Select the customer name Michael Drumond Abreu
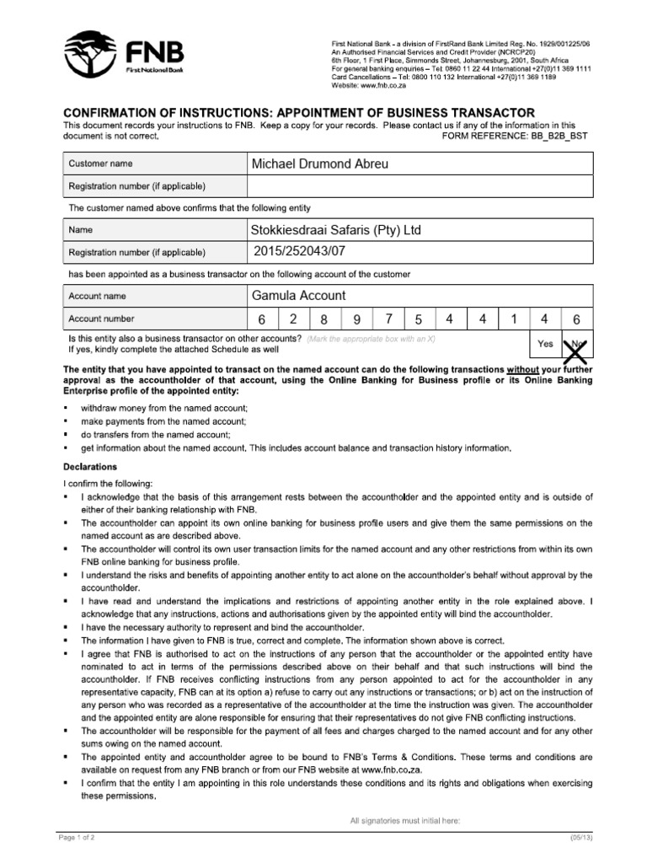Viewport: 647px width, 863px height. (x=320, y=163)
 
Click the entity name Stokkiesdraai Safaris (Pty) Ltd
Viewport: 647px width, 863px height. (x=335, y=229)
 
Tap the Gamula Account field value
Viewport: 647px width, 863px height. (x=298, y=296)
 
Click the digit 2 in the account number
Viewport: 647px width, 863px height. (x=293, y=319)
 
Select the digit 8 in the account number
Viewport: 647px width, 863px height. (x=323, y=320)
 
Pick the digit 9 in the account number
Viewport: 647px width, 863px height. (x=356, y=320)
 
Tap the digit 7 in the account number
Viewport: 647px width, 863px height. (x=388, y=319)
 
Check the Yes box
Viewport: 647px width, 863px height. (x=545, y=344)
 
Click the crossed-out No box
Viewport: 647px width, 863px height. (x=577, y=344)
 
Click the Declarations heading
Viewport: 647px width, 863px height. (x=91, y=467)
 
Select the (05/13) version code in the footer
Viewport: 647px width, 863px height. (x=580, y=837)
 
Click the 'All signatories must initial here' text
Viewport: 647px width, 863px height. (x=404, y=820)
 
